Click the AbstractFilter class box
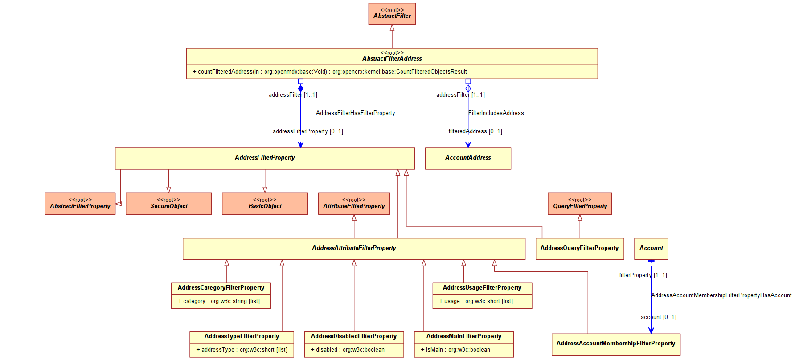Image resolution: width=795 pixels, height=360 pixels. [392, 14]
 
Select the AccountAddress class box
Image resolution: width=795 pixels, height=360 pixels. [468, 159]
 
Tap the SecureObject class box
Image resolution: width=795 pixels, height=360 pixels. [168, 204]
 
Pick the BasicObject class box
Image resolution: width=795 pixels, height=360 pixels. [265, 204]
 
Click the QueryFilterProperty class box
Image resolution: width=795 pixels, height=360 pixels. [580, 204]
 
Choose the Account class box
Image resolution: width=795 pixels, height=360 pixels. [651, 249]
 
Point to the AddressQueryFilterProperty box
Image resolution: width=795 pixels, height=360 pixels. [579, 249]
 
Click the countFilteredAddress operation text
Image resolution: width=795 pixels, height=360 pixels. [330, 72]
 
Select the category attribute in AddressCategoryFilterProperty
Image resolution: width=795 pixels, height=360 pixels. [219, 301]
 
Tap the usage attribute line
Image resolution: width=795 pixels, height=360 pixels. [476, 301]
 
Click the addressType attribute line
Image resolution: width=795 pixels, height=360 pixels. [242, 350]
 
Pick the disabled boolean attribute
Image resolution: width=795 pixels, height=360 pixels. [348, 350]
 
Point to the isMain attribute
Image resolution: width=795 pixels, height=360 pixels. [455, 350]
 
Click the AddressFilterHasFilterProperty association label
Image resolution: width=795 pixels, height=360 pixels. [355, 113]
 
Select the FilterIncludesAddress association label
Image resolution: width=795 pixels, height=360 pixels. [496, 113]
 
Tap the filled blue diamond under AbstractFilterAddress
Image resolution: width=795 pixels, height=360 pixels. [300, 88]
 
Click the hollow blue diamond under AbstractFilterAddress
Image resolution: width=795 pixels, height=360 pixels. [468, 88]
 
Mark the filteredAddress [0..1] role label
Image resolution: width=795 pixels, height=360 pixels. [475, 131]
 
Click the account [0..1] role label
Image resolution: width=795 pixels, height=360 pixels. [659, 317]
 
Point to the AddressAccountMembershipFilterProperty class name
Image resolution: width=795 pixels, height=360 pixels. [615, 344]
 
